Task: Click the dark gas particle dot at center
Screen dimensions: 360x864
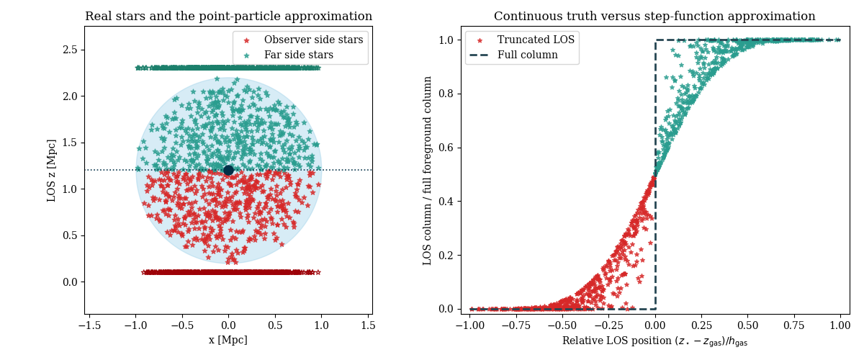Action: click(x=228, y=170)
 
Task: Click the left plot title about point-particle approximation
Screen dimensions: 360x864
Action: click(x=228, y=17)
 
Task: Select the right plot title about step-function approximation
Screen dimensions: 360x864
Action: click(x=654, y=17)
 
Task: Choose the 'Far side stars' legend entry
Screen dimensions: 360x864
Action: click(x=298, y=55)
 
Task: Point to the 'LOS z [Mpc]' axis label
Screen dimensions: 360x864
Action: click(x=52, y=170)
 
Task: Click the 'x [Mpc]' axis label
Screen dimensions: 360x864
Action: click(x=228, y=340)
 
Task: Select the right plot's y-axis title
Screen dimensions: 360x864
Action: click(x=428, y=170)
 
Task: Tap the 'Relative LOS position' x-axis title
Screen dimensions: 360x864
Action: click(x=654, y=341)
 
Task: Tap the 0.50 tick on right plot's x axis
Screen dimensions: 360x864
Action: click(x=747, y=325)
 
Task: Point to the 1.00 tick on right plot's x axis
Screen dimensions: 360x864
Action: click(x=840, y=325)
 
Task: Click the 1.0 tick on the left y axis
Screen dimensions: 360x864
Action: click(x=70, y=189)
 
